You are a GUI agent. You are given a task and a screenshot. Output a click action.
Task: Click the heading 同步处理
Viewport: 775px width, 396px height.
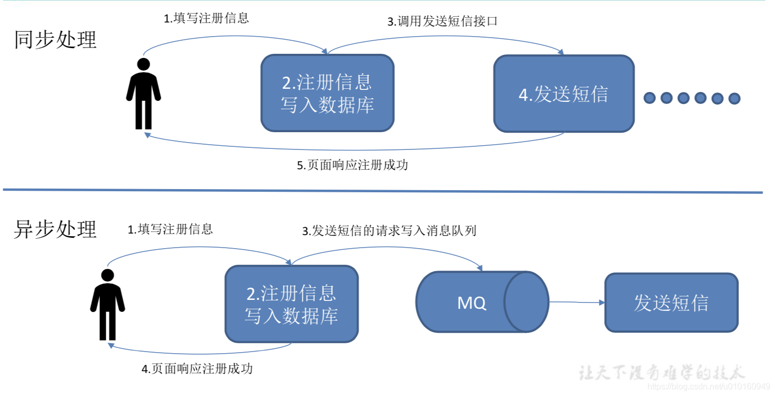click(55, 40)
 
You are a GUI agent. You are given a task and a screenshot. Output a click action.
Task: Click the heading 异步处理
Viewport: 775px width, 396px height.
click(55, 229)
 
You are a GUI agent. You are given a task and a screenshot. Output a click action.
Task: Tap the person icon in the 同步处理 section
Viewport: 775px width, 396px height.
click(143, 94)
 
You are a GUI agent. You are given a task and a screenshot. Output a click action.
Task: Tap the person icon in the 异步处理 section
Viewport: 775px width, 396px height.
click(107, 305)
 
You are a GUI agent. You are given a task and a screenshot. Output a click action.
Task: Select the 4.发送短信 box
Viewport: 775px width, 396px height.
click(564, 94)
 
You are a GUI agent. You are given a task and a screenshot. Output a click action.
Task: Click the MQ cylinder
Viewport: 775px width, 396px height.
click(481, 302)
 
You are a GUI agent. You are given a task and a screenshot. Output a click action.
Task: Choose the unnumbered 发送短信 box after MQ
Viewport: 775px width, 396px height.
click(671, 303)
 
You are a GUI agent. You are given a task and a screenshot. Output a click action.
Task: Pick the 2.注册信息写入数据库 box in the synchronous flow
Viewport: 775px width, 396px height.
click(327, 93)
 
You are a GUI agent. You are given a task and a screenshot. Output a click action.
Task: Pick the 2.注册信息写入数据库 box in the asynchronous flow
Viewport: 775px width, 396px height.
click(291, 304)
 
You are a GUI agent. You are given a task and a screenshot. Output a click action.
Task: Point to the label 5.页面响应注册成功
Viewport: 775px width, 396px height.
click(352, 166)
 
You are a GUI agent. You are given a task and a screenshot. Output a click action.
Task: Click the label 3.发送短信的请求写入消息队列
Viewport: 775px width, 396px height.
click(390, 231)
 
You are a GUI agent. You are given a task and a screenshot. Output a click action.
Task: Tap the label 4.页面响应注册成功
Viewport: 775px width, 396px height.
click(197, 369)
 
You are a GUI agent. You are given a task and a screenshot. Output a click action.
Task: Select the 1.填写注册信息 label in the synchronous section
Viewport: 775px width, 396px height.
click(207, 18)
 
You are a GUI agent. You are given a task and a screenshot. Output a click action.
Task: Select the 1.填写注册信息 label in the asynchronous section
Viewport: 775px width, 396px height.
click(170, 229)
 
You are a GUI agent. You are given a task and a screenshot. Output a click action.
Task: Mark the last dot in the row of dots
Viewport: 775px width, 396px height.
click(734, 98)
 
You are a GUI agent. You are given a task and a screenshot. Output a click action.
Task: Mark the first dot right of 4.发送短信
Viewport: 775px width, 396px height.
click(649, 98)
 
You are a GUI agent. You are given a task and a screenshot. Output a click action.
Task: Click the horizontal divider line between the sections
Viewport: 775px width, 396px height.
click(382, 191)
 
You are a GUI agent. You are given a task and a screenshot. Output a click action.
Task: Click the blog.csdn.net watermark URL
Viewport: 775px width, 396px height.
click(708, 387)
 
